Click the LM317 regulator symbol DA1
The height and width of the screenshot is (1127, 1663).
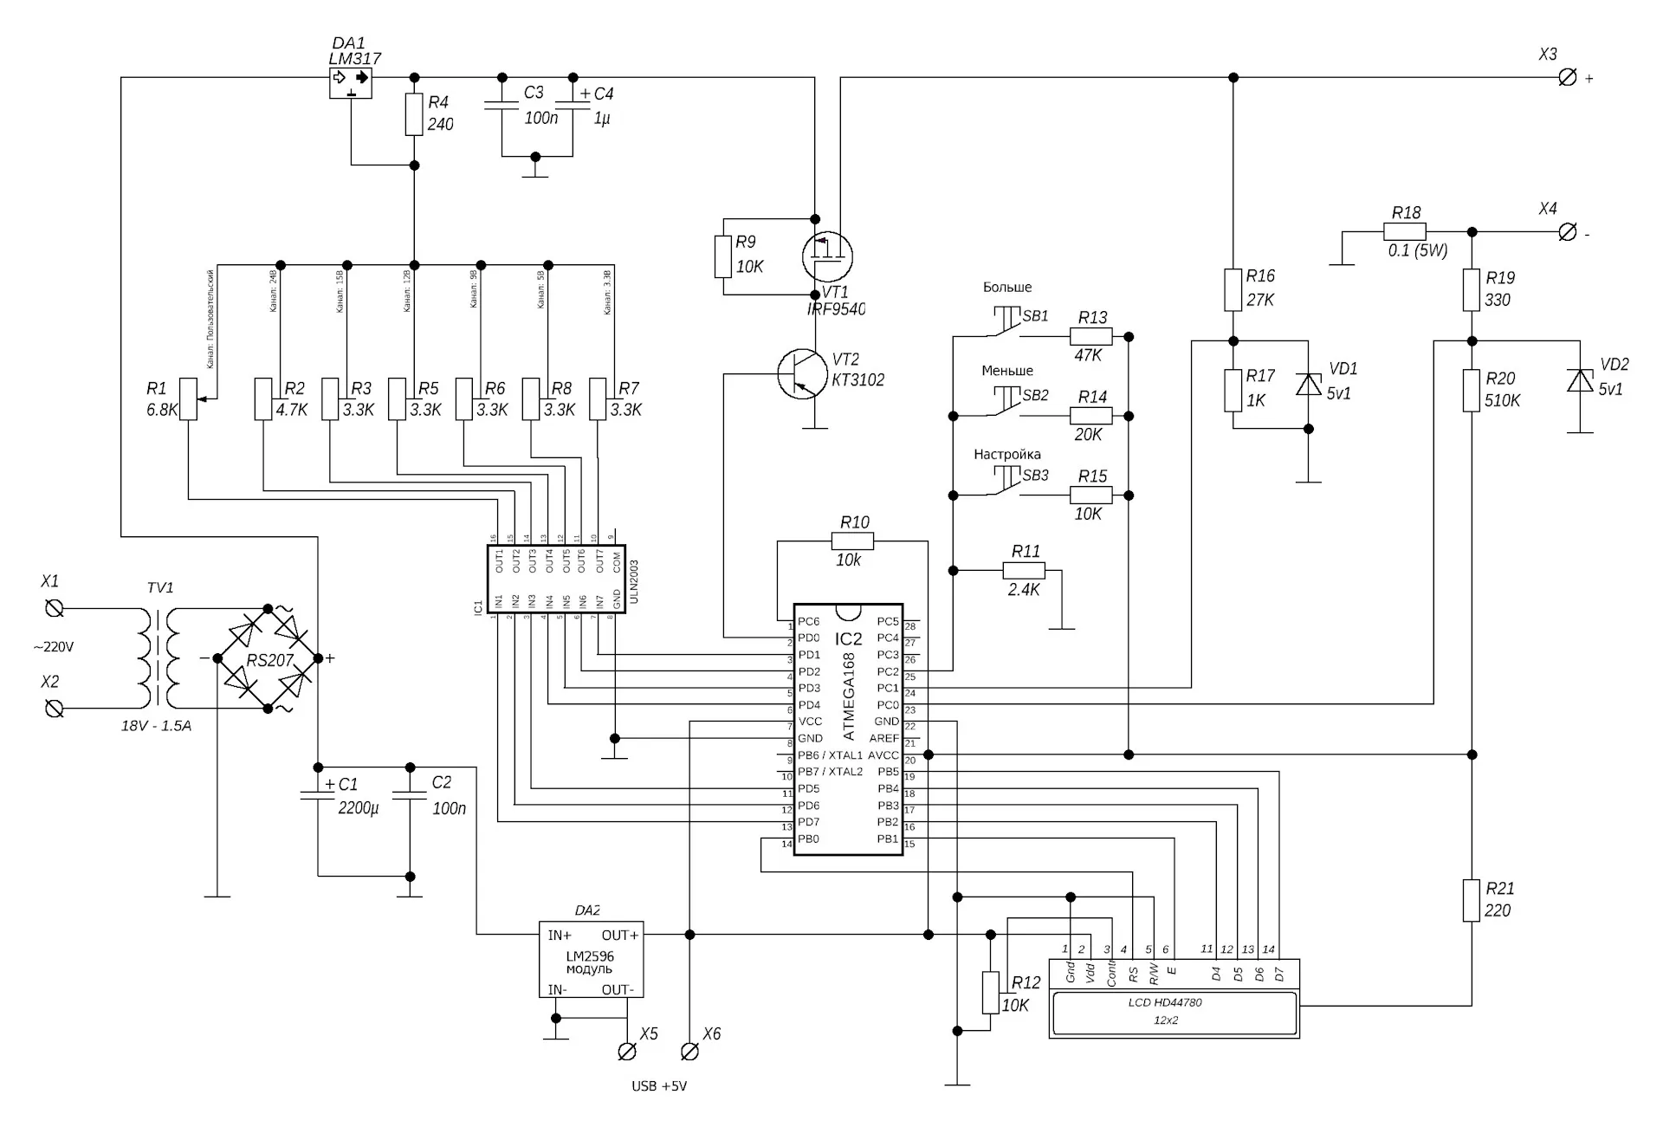[351, 83]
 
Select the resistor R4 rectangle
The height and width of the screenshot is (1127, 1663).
[414, 115]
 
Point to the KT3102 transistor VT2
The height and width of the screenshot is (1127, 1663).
[801, 374]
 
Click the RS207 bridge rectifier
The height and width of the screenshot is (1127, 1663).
[268, 659]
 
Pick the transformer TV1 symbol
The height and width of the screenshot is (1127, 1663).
[160, 658]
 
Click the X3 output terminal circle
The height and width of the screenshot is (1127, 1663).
[1567, 78]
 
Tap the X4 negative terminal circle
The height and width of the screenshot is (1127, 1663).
[1567, 232]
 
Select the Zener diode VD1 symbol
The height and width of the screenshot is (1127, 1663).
[1308, 384]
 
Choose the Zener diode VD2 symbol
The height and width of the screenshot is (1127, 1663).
[1581, 380]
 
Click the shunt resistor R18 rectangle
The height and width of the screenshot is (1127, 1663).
[1405, 232]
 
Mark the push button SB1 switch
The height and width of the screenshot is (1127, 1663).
[1006, 322]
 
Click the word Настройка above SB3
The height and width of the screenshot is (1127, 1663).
[1006, 454]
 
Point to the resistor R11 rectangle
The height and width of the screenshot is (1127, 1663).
[1024, 571]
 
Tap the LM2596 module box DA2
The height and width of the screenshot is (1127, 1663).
[591, 959]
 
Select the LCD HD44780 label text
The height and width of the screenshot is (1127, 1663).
[1165, 1002]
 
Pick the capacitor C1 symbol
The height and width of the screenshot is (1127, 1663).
[318, 794]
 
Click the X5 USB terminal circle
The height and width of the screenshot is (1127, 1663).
[627, 1052]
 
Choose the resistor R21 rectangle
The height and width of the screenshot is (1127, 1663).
[1471, 900]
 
